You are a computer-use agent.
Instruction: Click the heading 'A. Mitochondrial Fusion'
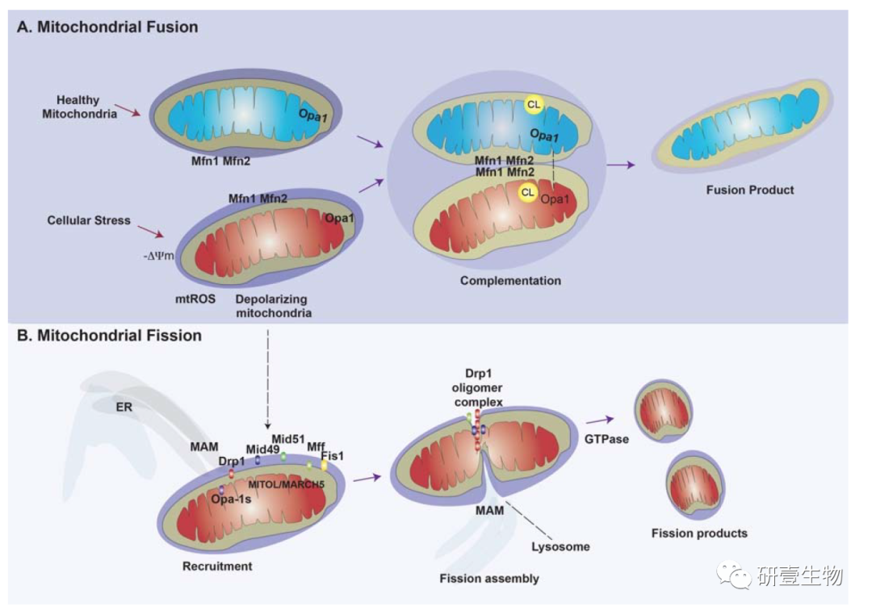[107, 27]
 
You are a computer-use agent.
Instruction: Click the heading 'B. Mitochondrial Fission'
[110, 334]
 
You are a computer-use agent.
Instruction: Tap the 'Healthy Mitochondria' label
[79, 107]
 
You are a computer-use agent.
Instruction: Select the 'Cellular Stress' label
[89, 220]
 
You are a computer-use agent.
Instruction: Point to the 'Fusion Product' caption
[749, 190]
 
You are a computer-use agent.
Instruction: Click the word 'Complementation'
[510, 281]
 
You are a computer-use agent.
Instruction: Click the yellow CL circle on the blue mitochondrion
[534, 104]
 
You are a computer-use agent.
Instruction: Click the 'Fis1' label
[332, 456]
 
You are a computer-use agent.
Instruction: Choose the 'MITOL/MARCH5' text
[283, 484]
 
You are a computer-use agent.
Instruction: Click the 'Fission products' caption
[699, 533]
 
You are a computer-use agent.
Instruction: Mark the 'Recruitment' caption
[217, 566]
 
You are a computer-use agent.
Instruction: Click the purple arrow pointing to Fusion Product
[620, 164]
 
